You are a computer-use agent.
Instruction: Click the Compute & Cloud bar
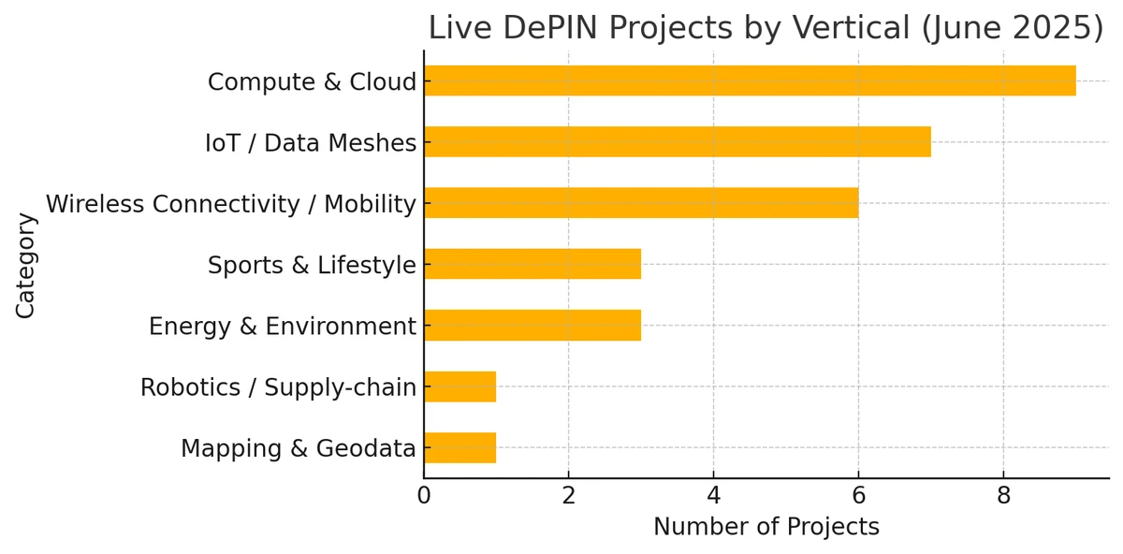(x=749, y=81)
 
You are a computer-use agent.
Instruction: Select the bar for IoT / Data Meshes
(x=677, y=142)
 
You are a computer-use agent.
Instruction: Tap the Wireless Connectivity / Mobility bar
(x=641, y=203)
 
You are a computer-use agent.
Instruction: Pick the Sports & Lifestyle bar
(x=532, y=265)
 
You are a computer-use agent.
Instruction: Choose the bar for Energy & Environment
(x=532, y=326)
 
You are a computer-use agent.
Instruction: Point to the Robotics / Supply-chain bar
(x=459, y=386)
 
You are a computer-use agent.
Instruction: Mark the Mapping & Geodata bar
(x=459, y=448)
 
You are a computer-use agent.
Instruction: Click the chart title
(x=766, y=28)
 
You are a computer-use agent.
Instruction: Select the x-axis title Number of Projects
(x=766, y=527)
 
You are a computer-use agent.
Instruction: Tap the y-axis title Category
(x=25, y=265)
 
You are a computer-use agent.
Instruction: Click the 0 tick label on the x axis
(x=424, y=496)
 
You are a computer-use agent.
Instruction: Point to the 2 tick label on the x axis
(x=568, y=496)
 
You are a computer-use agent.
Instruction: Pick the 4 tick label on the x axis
(x=713, y=496)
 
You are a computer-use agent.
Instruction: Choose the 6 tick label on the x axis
(x=858, y=496)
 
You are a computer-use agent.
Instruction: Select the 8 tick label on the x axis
(x=1003, y=496)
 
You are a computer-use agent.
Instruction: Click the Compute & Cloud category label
(x=312, y=82)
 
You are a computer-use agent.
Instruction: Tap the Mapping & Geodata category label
(x=298, y=449)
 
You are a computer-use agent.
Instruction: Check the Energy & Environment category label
(x=282, y=327)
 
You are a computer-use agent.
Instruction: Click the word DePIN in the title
(x=546, y=28)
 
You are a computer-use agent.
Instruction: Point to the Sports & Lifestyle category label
(x=312, y=266)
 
